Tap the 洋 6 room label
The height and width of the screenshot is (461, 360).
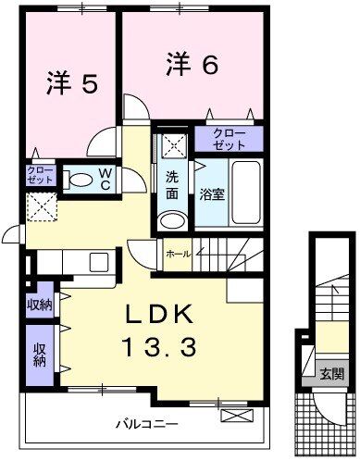[x=192, y=64]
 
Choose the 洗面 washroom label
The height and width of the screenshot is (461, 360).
[x=173, y=185]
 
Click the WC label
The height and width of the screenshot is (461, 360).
[x=105, y=180]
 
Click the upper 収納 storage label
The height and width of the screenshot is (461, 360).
[x=40, y=305]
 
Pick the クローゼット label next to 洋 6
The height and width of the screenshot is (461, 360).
[x=228, y=140]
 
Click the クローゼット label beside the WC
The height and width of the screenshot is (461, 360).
[x=41, y=175]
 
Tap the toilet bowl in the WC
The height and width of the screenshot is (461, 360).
[x=81, y=180]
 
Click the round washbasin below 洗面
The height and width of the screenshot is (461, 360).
[x=171, y=220]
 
